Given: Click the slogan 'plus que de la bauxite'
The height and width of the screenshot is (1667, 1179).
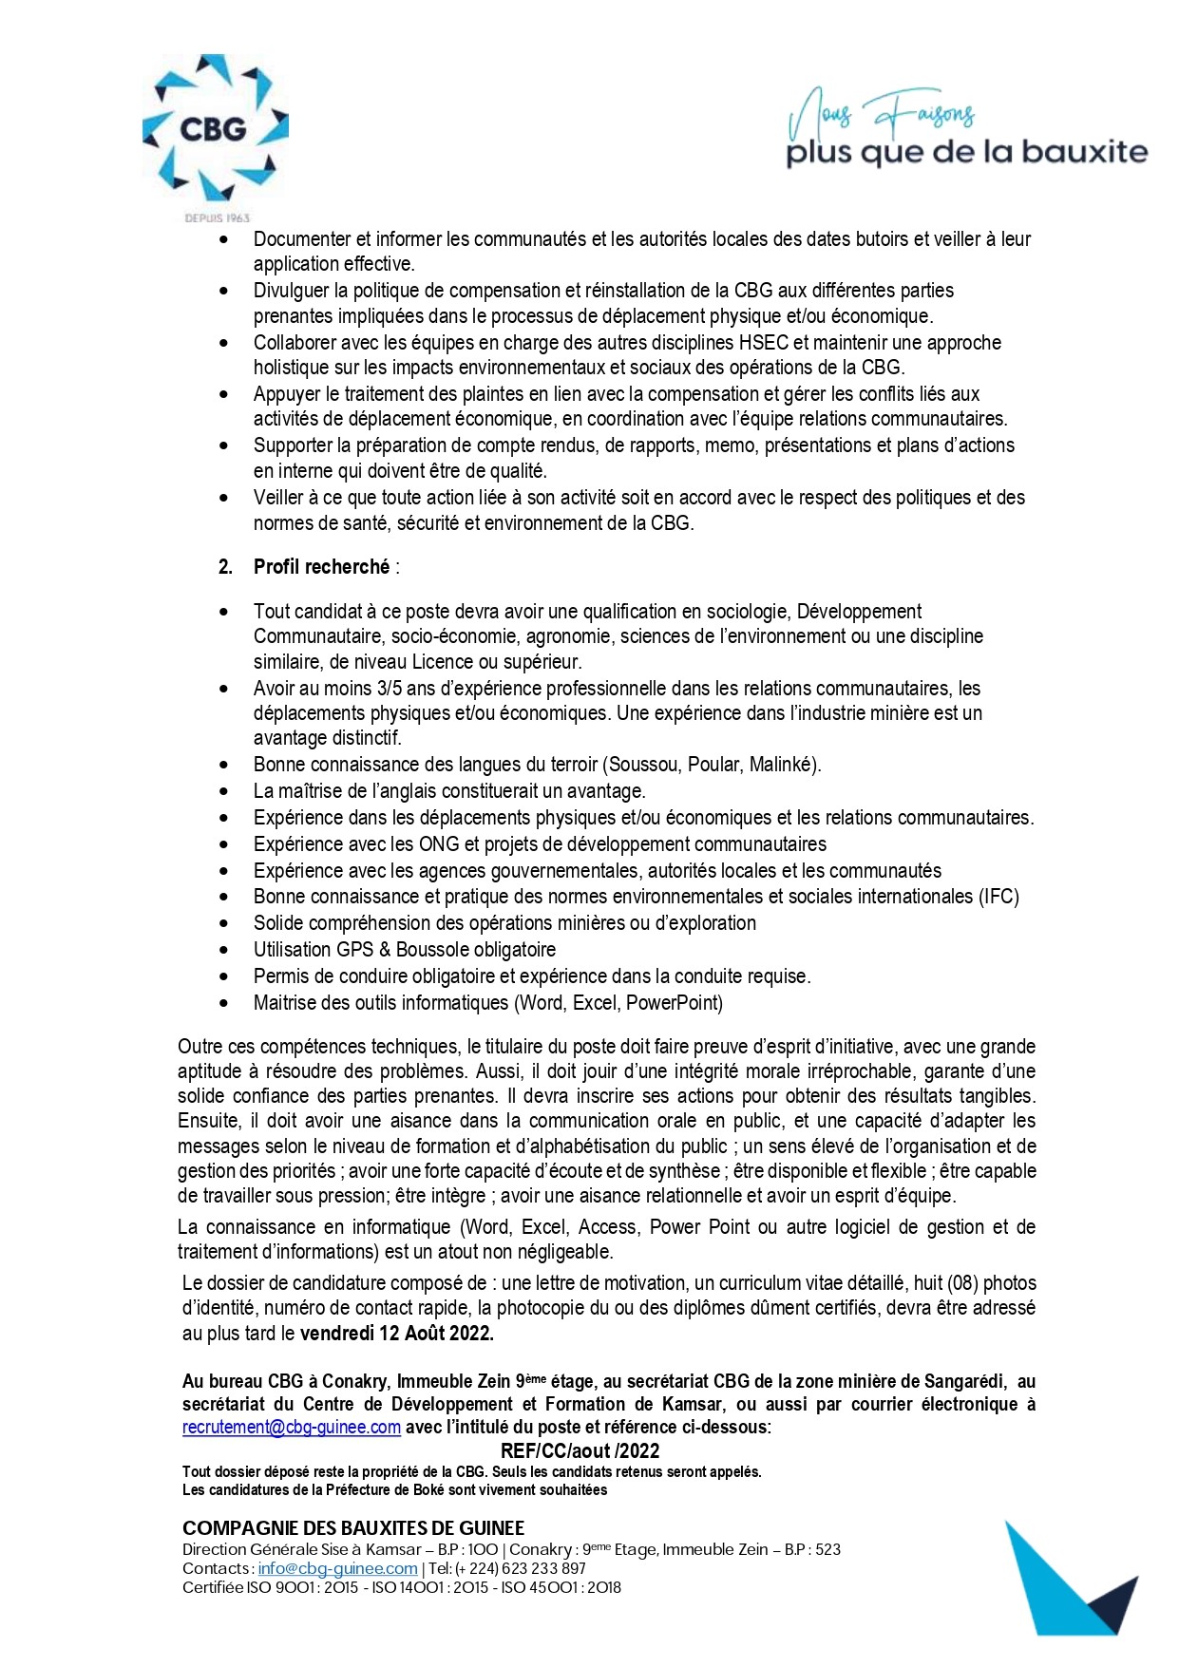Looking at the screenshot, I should tap(966, 152).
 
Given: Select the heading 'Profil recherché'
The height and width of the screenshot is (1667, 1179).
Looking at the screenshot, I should tap(321, 567).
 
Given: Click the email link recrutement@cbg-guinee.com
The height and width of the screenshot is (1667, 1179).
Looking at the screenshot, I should tap(291, 1427).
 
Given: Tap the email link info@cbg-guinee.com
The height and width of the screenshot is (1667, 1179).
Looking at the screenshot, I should tap(337, 1568).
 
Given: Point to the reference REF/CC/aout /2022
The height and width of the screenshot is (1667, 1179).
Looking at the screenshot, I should tap(580, 1450).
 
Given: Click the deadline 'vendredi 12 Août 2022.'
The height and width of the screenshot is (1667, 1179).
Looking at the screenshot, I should tap(396, 1333).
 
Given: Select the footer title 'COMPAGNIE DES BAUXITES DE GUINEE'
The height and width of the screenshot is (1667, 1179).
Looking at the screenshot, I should tap(353, 1528).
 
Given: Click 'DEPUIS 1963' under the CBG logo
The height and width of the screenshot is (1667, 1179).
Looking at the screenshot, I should tap(217, 218).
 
